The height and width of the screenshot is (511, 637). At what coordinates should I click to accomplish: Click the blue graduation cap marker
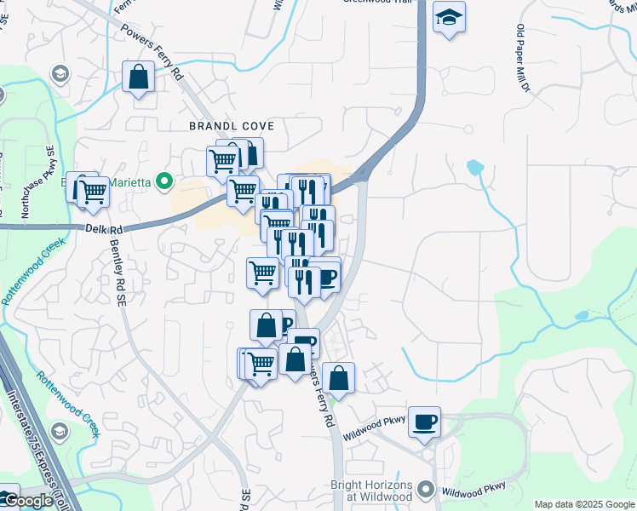[448, 18]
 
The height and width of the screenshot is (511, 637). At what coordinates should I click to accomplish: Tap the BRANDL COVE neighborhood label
[232, 126]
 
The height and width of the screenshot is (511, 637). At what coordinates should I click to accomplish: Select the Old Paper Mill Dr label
[522, 59]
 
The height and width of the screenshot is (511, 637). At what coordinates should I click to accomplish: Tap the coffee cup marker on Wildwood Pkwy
[423, 422]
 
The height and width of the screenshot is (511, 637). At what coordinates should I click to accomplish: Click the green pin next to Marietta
[169, 181]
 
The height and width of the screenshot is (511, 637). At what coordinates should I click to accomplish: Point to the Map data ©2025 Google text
[583, 504]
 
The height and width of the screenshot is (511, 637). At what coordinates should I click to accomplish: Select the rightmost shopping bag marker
[338, 377]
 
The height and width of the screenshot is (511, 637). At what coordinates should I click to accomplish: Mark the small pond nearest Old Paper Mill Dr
[474, 167]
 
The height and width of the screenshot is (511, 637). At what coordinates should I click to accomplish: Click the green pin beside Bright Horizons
[428, 491]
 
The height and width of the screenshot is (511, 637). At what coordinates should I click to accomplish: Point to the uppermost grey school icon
[60, 74]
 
